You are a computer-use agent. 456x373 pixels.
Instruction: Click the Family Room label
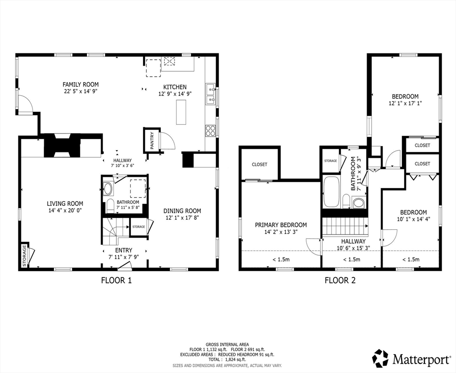(x=81, y=84)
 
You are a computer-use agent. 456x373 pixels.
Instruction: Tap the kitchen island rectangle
(x=181, y=112)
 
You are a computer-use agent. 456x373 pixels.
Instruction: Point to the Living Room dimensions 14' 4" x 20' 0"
(x=65, y=211)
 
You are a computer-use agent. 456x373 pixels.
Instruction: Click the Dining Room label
(x=182, y=211)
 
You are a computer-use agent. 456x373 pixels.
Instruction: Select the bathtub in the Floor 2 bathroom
(x=331, y=192)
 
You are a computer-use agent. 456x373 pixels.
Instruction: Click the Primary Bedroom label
(x=281, y=225)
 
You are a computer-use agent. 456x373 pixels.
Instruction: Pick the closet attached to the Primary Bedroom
(x=259, y=164)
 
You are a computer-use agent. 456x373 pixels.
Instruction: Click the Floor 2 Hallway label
(x=353, y=241)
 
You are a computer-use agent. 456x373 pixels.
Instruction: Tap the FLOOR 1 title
(x=116, y=280)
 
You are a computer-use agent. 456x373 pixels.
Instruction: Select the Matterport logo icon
(x=380, y=358)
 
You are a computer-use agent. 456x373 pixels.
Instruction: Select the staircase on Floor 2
(x=344, y=226)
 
